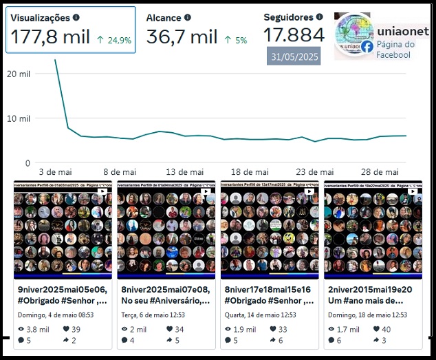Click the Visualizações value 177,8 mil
[x=51, y=37]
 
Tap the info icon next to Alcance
[x=188, y=18]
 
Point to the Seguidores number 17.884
[x=294, y=35]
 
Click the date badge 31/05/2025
[x=294, y=56]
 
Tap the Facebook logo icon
[x=367, y=47]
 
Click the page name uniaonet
[x=403, y=31]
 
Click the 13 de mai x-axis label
[x=185, y=172]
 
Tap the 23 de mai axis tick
[x=315, y=172]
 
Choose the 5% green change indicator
[x=236, y=41]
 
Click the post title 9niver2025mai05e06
[x=63, y=290]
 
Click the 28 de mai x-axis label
[x=380, y=172]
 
